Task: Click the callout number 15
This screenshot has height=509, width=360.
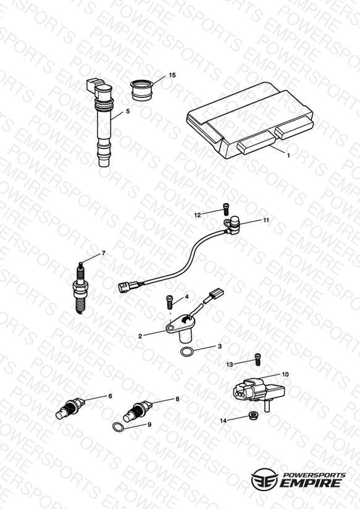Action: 172,75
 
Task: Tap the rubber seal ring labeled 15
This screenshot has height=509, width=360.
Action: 141,90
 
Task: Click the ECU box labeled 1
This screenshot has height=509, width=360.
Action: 250,120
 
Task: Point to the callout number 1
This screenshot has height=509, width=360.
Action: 288,156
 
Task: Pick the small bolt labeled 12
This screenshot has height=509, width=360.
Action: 226,209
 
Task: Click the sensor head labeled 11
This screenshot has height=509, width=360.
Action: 232,225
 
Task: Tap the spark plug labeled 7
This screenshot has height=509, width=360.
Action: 81,288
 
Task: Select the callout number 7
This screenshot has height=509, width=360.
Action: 104,253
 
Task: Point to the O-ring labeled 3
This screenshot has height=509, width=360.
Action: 186,351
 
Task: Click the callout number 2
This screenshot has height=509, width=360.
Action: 140,336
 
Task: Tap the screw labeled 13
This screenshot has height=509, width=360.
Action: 258,360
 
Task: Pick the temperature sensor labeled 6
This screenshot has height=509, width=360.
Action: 70,408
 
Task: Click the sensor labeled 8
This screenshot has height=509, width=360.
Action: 138,411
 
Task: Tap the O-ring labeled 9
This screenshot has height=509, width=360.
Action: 118,427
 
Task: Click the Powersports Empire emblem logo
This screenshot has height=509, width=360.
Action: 264,479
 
